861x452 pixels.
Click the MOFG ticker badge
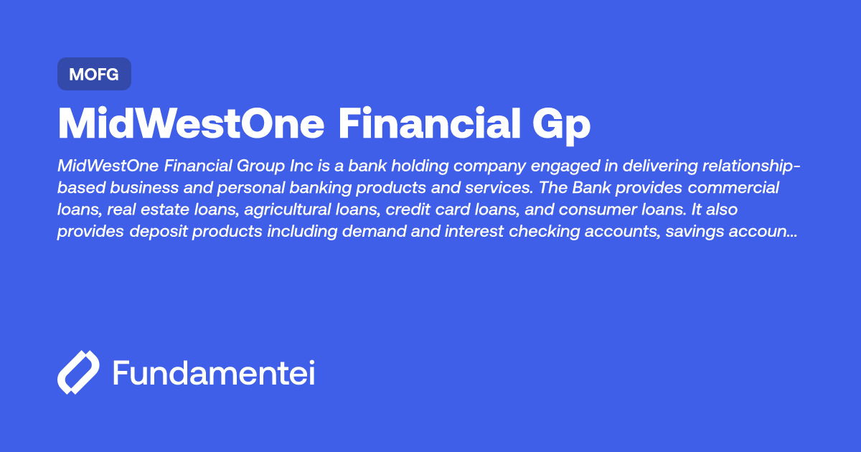pyautogui.click(x=94, y=74)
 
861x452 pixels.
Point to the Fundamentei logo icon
pyautogui.click(x=77, y=372)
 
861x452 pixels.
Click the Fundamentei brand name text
pyautogui.click(x=214, y=372)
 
